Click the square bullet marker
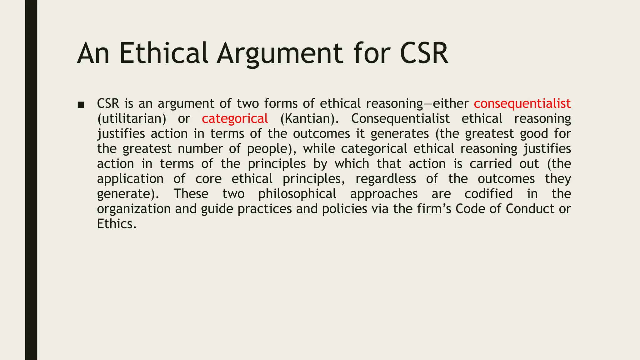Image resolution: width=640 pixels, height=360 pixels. pos(81,105)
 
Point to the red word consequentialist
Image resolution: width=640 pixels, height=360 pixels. pos(522,103)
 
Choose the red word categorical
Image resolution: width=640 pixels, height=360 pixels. pos(235,119)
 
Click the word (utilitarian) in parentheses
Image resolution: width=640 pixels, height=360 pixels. pos(132,119)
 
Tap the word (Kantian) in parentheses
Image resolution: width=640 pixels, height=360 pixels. pos(309,119)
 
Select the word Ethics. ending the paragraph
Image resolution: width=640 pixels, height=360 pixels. pos(117,224)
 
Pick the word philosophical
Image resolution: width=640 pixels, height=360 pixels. pos(297,194)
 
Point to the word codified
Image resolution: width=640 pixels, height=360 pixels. pos(488,194)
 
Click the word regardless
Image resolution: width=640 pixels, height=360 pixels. pos(386,179)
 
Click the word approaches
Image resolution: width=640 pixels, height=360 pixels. pos(384,194)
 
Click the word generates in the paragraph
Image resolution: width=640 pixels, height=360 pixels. pos(399,134)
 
